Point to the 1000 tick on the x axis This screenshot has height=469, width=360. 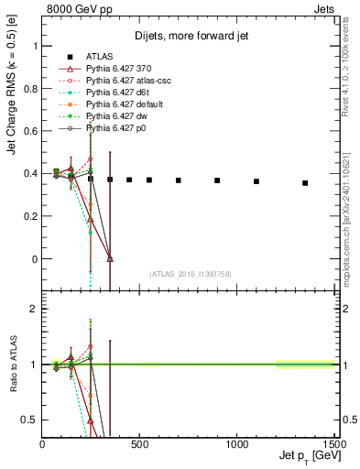[x=237, y=444]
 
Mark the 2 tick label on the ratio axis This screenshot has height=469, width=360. [x=34, y=309]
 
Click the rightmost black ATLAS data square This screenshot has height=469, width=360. [x=305, y=183]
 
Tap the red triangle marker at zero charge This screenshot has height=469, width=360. [x=110, y=259]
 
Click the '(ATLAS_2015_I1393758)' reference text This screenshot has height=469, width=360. [x=190, y=274]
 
